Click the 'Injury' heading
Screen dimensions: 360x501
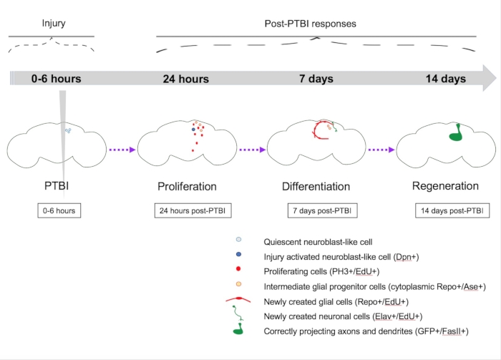pyautogui.click(x=54, y=24)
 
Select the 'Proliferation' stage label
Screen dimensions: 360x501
pyautogui.click(x=187, y=187)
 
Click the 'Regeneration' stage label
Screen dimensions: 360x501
pyautogui.click(x=445, y=186)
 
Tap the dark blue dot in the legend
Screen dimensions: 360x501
pyautogui.click(x=238, y=255)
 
